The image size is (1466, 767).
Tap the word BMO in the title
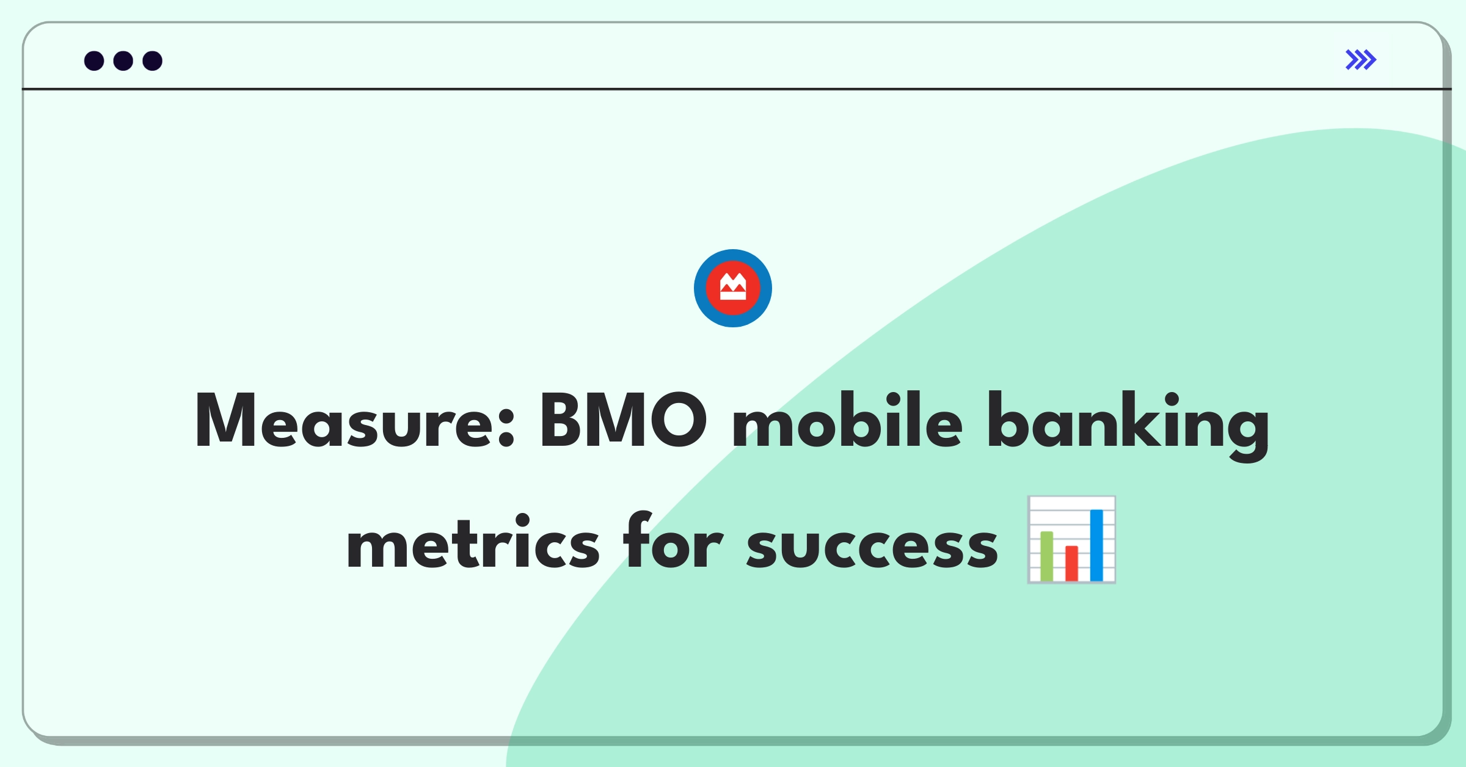pyautogui.click(x=623, y=420)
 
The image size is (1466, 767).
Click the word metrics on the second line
pyautogui.click(x=473, y=541)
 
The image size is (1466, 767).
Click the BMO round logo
pyautogui.click(x=733, y=288)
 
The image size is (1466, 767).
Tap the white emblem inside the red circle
pyautogui.click(x=733, y=287)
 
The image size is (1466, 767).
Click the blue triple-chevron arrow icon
pyautogui.click(x=1361, y=60)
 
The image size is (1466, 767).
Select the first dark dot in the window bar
pyautogui.click(x=94, y=61)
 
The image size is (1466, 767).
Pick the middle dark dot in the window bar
pyautogui.click(x=123, y=61)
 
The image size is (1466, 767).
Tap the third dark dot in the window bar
pyautogui.click(x=153, y=61)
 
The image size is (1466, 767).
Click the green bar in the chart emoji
pyautogui.click(x=1047, y=556)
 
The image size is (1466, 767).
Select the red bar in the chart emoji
pyautogui.click(x=1071, y=564)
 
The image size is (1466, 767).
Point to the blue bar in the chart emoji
pyautogui.click(x=1096, y=545)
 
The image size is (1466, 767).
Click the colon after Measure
pyautogui.click(x=506, y=427)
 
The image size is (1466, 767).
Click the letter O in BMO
pyautogui.click(x=678, y=420)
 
